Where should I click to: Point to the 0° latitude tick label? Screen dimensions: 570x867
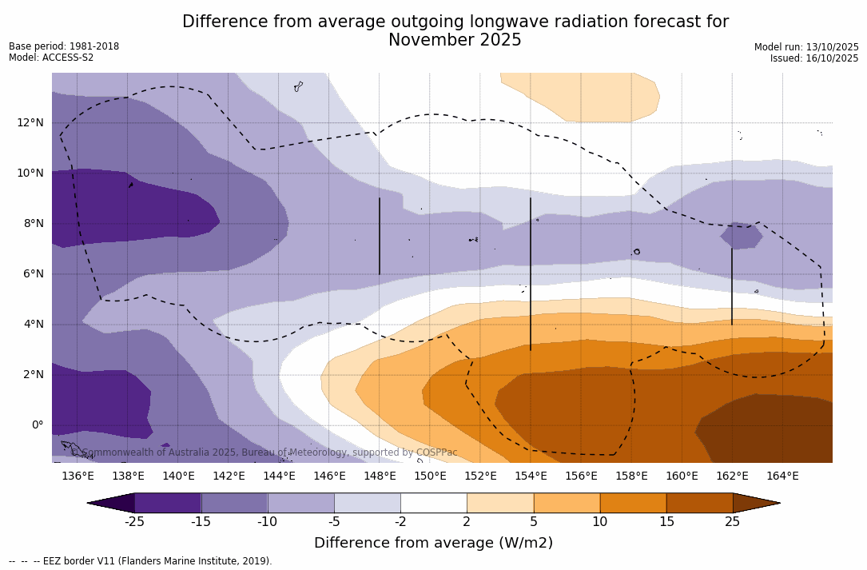pos(37,425)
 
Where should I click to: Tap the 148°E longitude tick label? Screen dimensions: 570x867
pos(380,476)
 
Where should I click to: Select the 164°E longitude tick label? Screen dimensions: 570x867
pos(782,476)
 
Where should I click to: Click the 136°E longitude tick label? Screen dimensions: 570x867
pos(78,476)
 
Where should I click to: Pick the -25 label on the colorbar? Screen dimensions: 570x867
pos(133,522)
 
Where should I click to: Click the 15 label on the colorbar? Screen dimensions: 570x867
pos(666,522)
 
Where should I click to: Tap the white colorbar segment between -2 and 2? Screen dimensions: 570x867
pos(433,503)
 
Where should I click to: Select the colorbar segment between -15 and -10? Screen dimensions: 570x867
pos(234,503)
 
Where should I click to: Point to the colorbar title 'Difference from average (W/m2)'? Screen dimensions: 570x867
pos(433,543)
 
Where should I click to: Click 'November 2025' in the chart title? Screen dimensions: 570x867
pos(455,40)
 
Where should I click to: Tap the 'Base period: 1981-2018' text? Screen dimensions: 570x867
pos(64,46)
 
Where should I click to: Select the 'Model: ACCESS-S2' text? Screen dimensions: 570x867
pos(51,58)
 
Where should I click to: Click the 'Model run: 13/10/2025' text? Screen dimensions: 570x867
pos(806,47)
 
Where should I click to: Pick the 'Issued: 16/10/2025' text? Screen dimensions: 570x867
pos(814,58)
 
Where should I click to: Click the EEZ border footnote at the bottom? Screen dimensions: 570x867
pos(140,561)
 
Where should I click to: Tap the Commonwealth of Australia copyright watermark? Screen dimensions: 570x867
pos(264,452)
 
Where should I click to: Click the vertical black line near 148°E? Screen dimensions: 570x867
pos(380,236)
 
